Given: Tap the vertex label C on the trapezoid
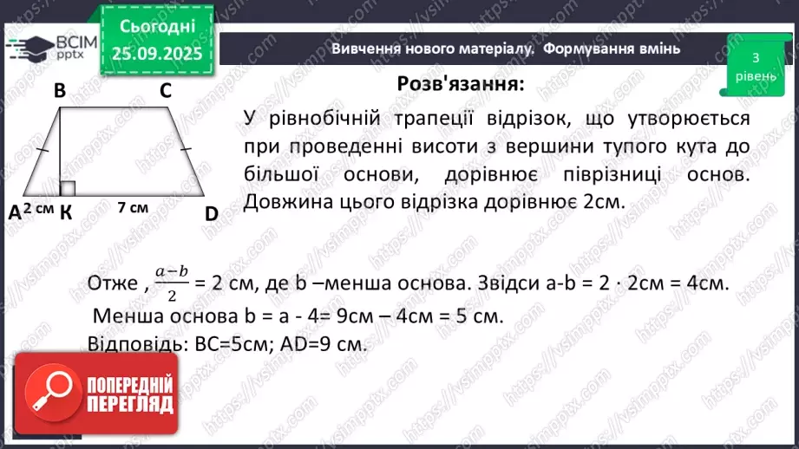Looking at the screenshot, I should [x=165, y=90].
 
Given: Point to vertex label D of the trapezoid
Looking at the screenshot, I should [x=211, y=212].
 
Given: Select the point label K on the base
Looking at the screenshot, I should [x=66, y=213].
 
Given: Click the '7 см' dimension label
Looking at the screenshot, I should [x=132, y=208].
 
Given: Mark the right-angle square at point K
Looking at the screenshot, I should [x=69, y=188].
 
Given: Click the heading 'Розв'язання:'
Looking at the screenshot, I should [x=461, y=84].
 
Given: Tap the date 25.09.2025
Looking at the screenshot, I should [x=156, y=55].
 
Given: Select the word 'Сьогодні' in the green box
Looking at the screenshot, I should [x=156, y=26].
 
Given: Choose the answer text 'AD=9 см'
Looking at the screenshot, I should [x=331, y=342].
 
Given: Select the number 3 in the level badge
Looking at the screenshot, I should [x=756, y=58].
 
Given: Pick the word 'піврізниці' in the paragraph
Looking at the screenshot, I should [x=612, y=174].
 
